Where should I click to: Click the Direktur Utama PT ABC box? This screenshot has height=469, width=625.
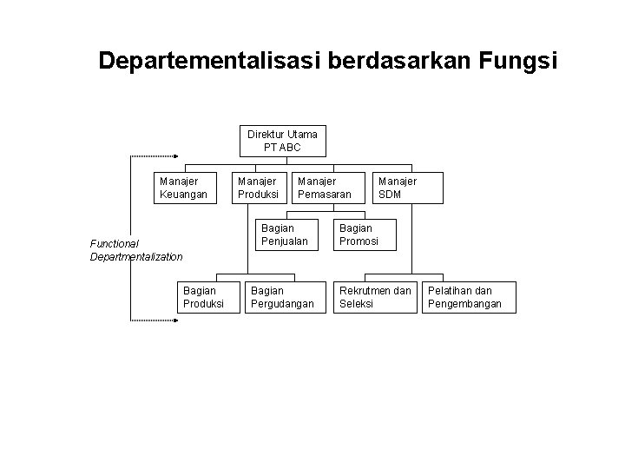(282, 142)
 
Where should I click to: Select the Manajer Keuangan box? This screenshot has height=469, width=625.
(184, 188)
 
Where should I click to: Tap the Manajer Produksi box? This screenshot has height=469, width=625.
(258, 188)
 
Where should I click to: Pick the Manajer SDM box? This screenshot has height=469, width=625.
(407, 188)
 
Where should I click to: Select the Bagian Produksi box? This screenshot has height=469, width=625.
(203, 296)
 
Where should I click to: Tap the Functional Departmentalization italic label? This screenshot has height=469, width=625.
(136, 250)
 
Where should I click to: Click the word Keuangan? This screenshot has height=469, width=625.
(184, 195)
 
